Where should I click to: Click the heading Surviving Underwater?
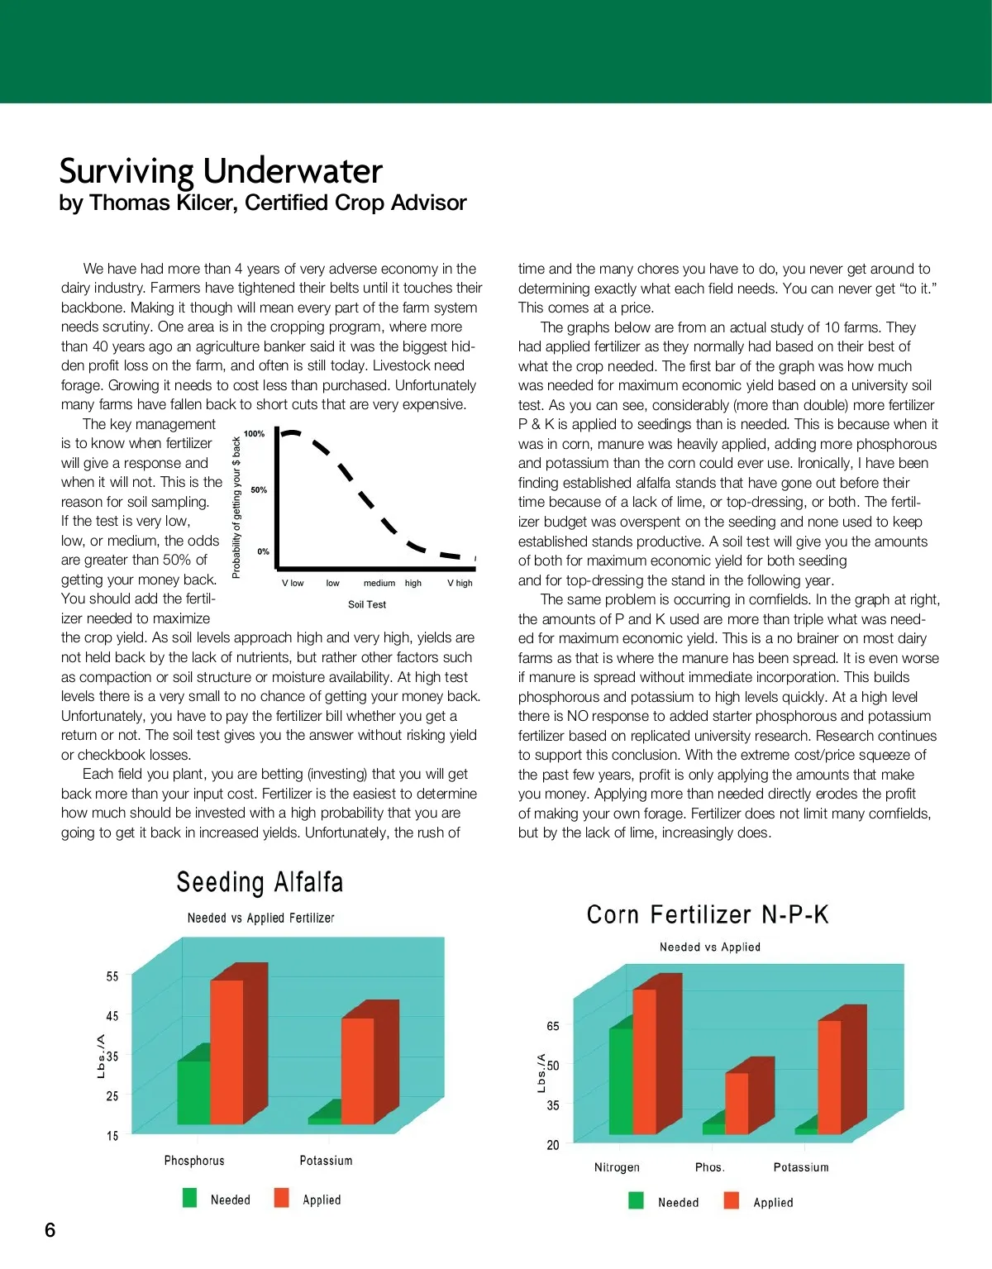click(221, 171)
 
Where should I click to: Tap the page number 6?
click(50, 1229)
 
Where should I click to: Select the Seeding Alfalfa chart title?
click(260, 882)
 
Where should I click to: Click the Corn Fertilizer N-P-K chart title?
click(708, 914)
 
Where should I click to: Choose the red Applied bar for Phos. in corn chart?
click(737, 1103)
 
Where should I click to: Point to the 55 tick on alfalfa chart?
click(112, 976)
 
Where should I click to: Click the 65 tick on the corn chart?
click(553, 1026)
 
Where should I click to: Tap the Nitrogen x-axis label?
click(617, 1167)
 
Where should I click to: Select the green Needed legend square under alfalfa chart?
click(190, 1198)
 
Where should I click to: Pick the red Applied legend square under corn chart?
click(732, 1200)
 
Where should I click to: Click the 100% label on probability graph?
click(255, 434)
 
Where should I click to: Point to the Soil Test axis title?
click(367, 604)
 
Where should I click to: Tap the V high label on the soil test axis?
click(460, 583)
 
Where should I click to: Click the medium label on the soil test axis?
click(379, 583)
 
